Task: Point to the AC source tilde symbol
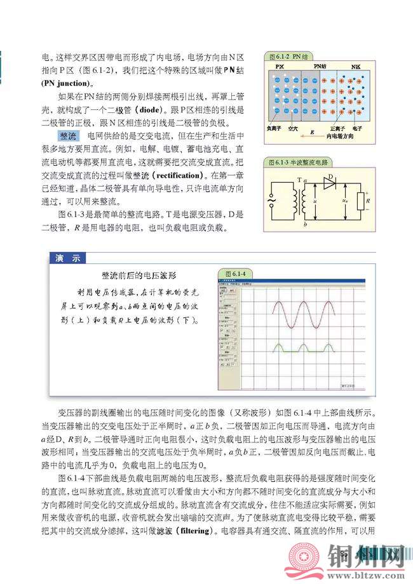[x=272, y=201]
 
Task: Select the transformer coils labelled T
[x=295, y=201]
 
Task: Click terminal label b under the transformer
[x=306, y=224]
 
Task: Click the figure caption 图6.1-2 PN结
[x=288, y=56]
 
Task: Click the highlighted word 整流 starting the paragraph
[x=67, y=136]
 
